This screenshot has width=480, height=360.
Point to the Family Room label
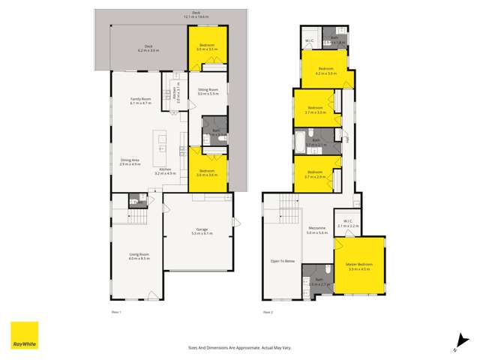tap(140, 100)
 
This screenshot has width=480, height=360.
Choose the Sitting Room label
tap(208, 91)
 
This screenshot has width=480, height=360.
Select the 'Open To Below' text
tap(283, 261)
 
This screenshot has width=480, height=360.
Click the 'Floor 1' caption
tap(115, 310)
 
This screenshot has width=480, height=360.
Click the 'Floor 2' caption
tap(268, 310)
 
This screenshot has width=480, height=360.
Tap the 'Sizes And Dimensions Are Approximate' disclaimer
tap(240, 348)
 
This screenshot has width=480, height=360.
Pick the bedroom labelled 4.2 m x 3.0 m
tap(328, 72)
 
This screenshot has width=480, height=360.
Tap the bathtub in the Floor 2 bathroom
tap(299, 141)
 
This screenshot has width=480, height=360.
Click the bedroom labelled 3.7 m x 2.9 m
tap(316, 176)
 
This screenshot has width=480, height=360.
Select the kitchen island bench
tap(160, 142)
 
